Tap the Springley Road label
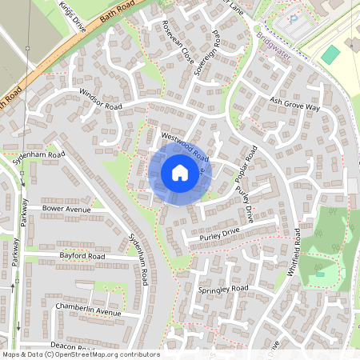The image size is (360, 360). [223, 288]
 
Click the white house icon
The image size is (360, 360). [179, 172]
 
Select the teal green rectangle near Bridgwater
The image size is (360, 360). [330, 54]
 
